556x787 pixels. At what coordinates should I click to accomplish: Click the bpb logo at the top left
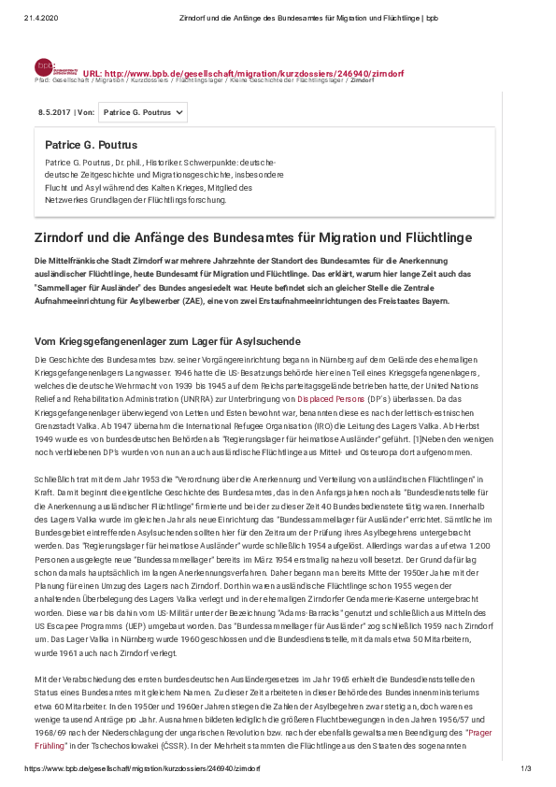tap(45, 67)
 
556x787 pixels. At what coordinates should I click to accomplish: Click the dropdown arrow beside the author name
tap(179, 112)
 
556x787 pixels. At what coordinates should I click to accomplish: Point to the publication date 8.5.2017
tap(54, 112)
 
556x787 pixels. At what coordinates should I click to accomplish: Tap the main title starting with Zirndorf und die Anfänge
tap(252, 237)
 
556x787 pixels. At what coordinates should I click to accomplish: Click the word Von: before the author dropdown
tap(86, 112)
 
